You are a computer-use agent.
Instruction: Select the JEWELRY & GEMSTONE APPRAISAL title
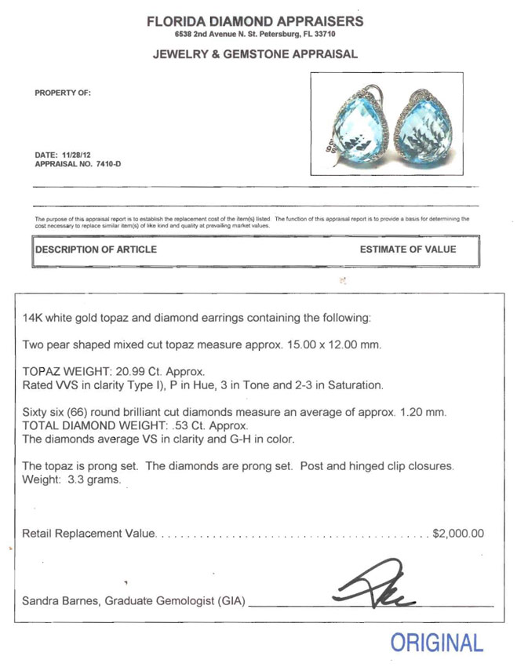pos(255,54)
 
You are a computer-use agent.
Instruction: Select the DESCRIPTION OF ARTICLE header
pos(96,250)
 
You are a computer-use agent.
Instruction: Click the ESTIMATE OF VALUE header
pos(407,250)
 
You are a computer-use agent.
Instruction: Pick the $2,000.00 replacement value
pos(458,534)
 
